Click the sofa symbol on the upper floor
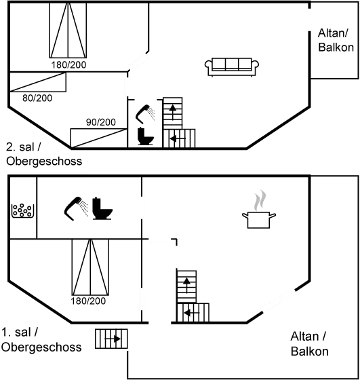click(x=232, y=65)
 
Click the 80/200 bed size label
click(x=37, y=98)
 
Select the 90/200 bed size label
click(x=100, y=121)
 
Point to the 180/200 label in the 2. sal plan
click(x=68, y=64)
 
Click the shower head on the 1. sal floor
click(x=75, y=206)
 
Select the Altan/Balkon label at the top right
click(x=334, y=39)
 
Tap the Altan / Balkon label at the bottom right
click(x=309, y=343)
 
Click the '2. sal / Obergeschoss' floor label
click(x=43, y=155)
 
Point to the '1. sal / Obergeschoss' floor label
click(x=41, y=340)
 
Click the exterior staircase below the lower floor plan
click(x=111, y=337)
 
